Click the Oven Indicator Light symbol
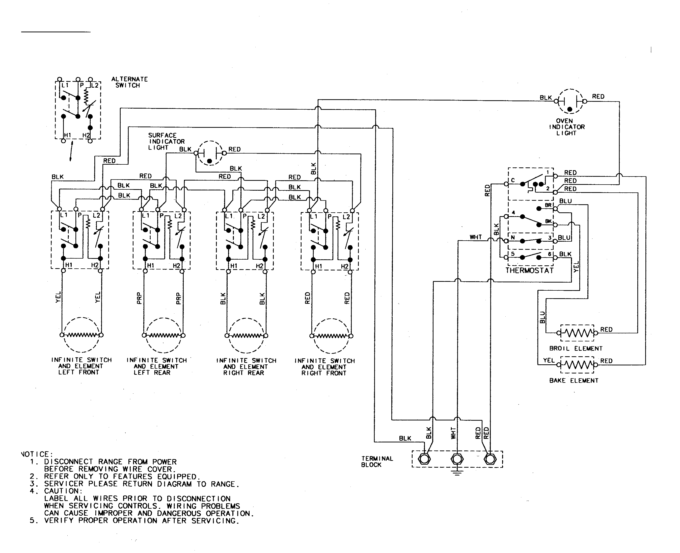coord(570,101)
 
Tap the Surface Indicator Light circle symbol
coord(209,153)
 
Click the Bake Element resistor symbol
coord(577,365)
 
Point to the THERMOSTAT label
coord(529,271)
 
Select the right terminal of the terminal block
coord(490,459)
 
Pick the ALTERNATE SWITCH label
coord(129,82)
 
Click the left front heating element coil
coord(81,335)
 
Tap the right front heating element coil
coord(331,336)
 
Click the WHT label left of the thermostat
coord(476,237)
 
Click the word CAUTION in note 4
coord(63,491)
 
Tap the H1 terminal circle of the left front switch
coord(63,271)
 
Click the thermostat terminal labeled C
coord(506,184)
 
